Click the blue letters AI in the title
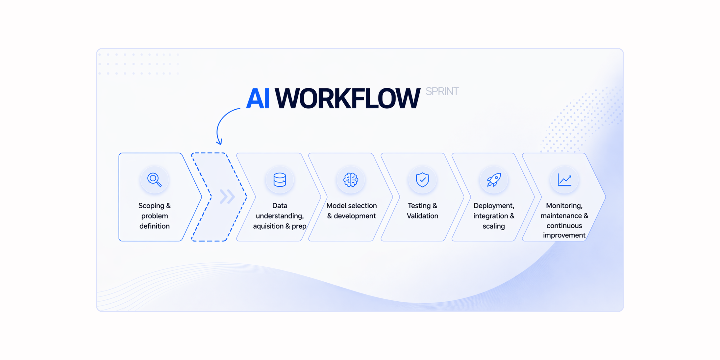point(258,98)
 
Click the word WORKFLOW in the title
point(347,98)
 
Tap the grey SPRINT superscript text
point(442,91)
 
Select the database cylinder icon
point(280,180)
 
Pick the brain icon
point(351,180)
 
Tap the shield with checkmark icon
point(422,180)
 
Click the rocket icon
point(494,180)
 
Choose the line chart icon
point(564,180)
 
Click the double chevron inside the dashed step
point(227,197)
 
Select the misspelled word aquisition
point(268,226)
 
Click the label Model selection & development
point(351,211)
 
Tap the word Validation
point(422,216)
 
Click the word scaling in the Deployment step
point(494,226)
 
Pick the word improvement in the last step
point(564,235)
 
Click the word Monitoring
point(564,206)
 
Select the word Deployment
point(494,206)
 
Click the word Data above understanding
point(280,206)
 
